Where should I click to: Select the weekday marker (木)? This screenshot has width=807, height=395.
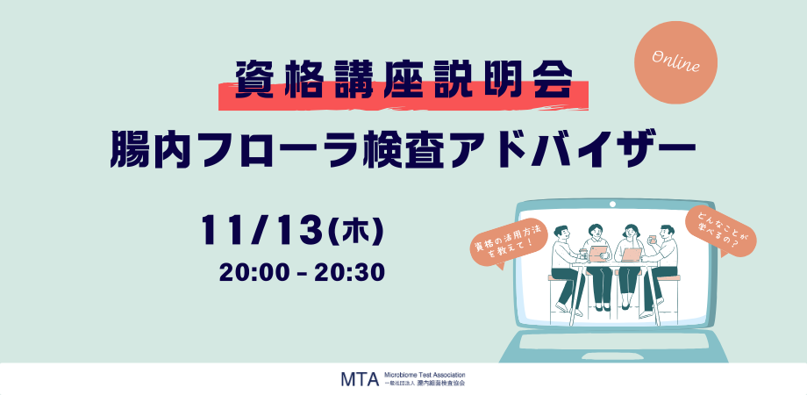point(355,231)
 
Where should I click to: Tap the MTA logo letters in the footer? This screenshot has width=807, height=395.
point(360,378)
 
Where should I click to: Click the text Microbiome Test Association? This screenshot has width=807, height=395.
point(425,375)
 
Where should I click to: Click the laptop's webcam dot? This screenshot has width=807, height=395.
point(612,204)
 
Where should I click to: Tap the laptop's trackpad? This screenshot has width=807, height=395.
point(612,341)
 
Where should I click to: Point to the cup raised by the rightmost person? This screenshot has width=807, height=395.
point(653,239)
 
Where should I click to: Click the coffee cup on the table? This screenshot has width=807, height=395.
point(583,254)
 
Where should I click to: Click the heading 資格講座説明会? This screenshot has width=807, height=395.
point(404,81)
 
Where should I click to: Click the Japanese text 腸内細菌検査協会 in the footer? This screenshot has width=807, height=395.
point(440,384)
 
